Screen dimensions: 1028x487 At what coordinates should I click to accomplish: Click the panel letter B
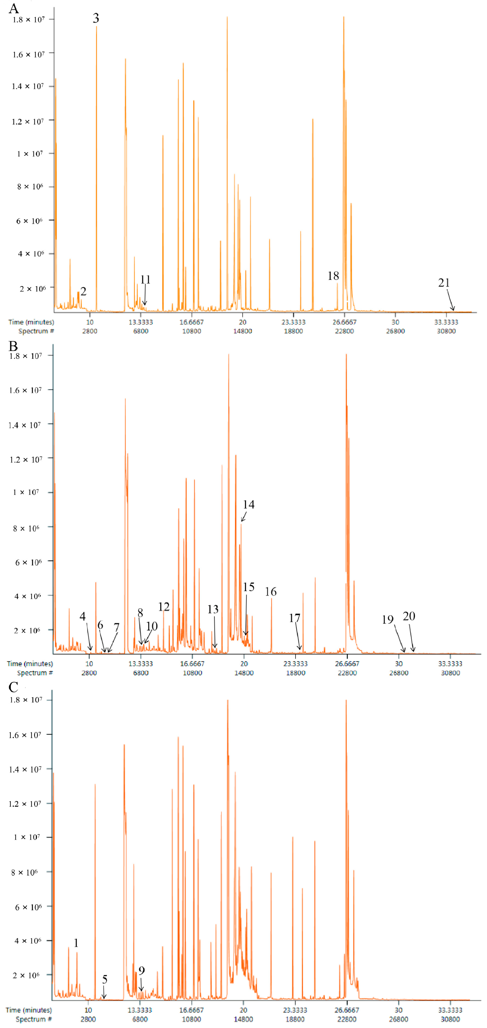(13, 346)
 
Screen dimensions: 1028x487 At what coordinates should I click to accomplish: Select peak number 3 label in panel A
(96, 18)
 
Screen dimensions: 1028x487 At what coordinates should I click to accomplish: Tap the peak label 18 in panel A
(333, 276)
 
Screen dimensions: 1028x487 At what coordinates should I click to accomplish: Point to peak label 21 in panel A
(444, 282)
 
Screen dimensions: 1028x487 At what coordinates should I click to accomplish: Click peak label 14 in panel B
(248, 504)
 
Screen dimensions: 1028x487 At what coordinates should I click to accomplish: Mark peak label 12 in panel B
(164, 607)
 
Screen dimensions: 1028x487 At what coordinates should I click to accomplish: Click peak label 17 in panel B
(294, 618)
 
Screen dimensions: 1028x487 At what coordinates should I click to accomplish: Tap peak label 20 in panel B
(409, 616)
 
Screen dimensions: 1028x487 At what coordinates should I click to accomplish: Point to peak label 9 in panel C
(141, 971)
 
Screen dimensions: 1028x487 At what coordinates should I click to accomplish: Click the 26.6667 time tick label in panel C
(346, 1010)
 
